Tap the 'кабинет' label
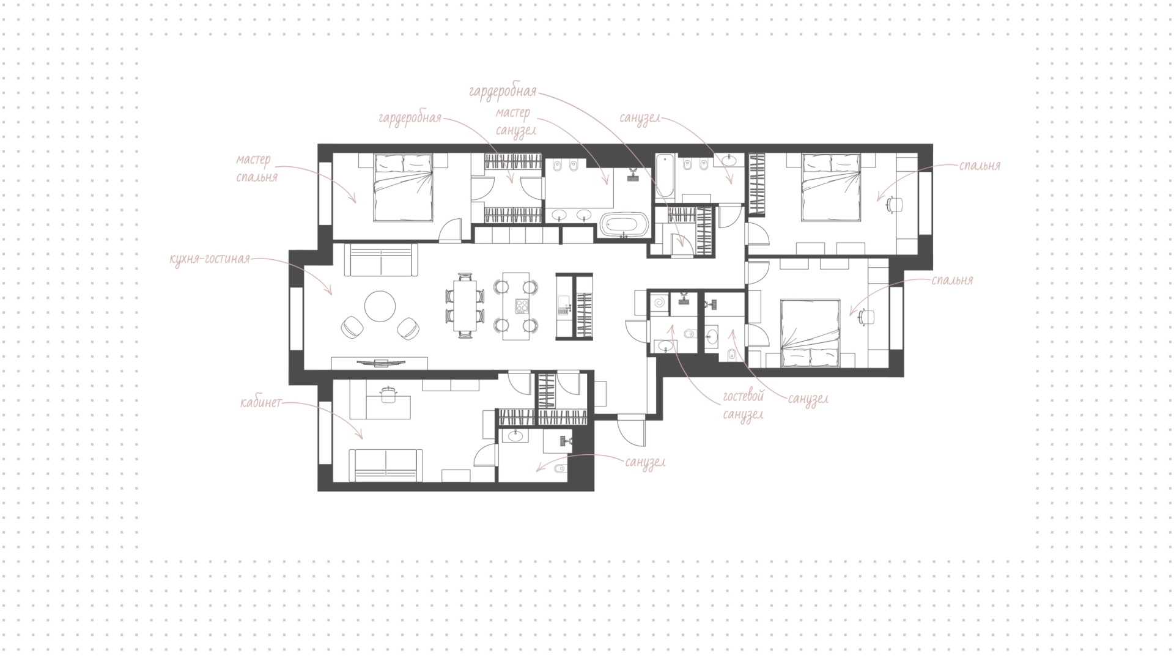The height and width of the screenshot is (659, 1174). (x=261, y=403)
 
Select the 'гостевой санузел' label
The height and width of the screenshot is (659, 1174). (x=744, y=405)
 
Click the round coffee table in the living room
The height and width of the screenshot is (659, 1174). (x=380, y=306)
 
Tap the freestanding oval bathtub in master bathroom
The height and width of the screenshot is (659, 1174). (x=623, y=224)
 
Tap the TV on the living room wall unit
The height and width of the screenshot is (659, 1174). (x=380, y=363)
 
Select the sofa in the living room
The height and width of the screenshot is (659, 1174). (x=381, y=260)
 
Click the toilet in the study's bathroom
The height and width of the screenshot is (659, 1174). (x=559, y=469)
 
